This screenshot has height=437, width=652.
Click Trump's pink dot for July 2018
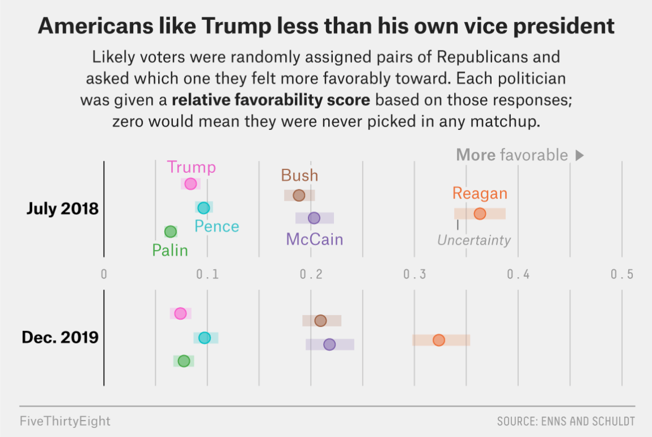pyautogui.click(x=190, y=184)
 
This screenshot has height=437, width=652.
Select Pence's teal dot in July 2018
pyautogui.click(x=204, y=207)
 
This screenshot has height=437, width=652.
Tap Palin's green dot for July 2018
pyautogui.click(x=171, y=232)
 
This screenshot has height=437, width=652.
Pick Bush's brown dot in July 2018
pyautogui.click(x=299, y=195)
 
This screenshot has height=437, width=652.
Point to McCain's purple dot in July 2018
pyautogui.click(x=314, y=218)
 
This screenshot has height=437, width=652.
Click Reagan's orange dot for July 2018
pyautogui.click(x=480, y=214)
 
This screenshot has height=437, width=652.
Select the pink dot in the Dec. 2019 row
pyautogui.click(x=180, y=313)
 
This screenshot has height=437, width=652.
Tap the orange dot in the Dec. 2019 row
pyautogui.click(x=439, y=340)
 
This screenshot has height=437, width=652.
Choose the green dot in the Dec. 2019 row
pyautogui.click(x=184, y=361)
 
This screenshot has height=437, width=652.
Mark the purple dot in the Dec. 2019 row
pyautogui.click(x=329, y=344)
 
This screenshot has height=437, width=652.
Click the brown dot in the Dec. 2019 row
pyautogui.click(x=320, y=321)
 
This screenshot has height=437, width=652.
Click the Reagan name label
pyautogui.click(x=480, y=194)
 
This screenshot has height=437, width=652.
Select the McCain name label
pyautogui.click(x=314, y=240)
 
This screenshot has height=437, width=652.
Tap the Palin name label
pyautogui.click(x=170, y=251)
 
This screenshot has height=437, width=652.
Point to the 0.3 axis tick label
pyautogui.click(x=414, y=274)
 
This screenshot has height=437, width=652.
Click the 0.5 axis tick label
pyautogui.click(x=622, y=274)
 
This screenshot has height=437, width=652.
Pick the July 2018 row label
pyautogui.click(x=62, y=209)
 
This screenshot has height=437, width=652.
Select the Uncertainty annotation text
pyautogui.click(x=474, y=240)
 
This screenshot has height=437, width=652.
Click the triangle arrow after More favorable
pyautogui.click(x=579, y=155)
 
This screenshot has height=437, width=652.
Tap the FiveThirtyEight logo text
pyautogui.click(x=65, y=421)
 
